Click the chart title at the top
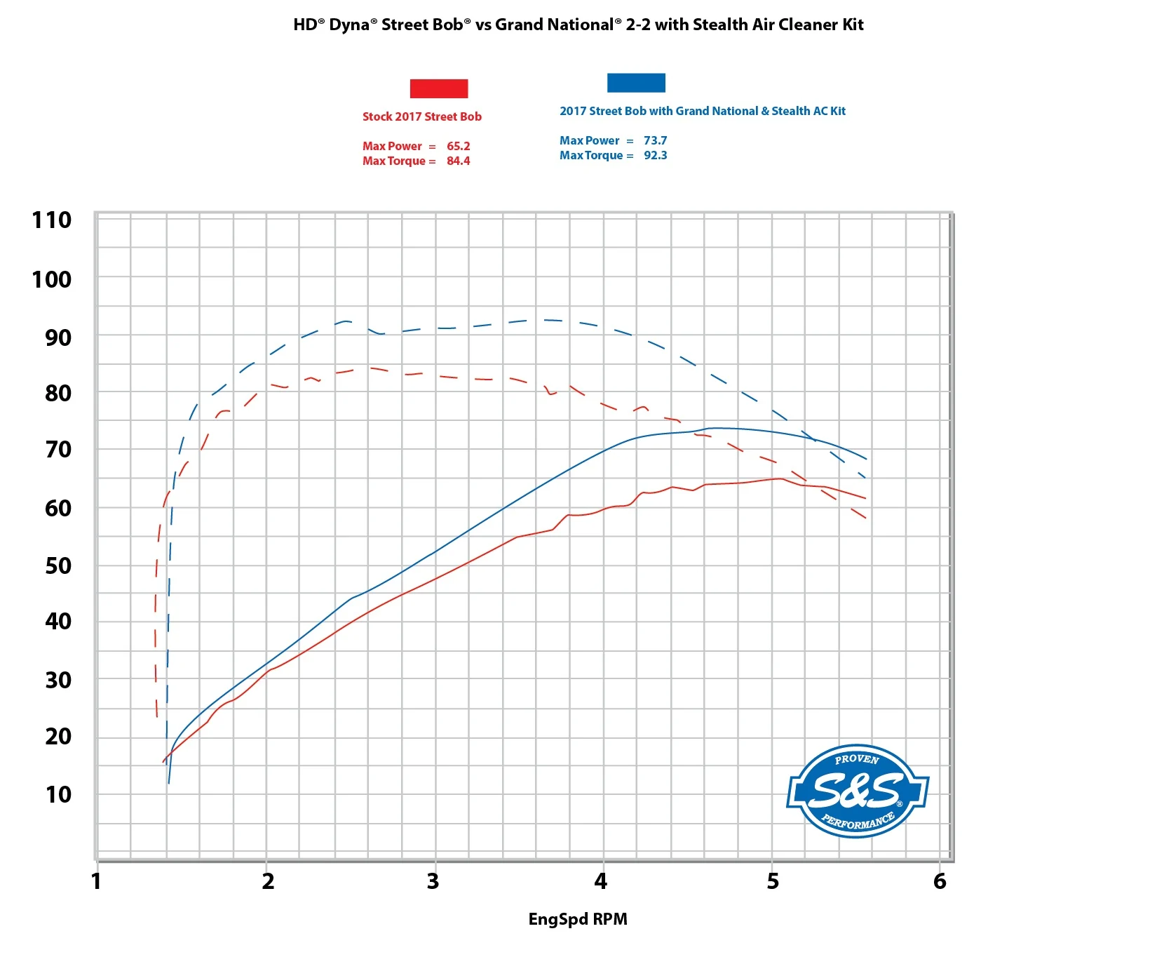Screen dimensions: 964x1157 [578, 25]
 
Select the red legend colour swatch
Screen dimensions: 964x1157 [438, 88]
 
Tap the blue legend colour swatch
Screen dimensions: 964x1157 [635, 83]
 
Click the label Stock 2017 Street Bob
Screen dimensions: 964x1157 [421, 116]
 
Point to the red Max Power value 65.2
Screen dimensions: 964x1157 [458, 146]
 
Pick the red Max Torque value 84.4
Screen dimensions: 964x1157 [458, 161]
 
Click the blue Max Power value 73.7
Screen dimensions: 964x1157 [655, 140]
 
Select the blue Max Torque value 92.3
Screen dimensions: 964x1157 [655, 155]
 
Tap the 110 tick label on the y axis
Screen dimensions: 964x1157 [51, 220]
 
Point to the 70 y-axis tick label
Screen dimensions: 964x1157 [57, 449]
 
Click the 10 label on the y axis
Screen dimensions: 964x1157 [57, 794]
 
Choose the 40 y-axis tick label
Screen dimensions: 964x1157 [57, 621]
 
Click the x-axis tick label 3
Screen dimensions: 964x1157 [433, 881]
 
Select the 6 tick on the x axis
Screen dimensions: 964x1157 [939, 881]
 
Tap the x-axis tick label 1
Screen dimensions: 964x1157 [96, 881]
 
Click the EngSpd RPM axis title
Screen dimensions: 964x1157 [577, 919]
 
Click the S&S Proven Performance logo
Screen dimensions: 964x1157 [857, 791]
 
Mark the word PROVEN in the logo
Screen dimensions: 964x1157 [856, 759]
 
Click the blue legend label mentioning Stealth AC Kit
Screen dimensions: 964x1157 [702, 111]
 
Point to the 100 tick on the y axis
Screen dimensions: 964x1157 [51, 279]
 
